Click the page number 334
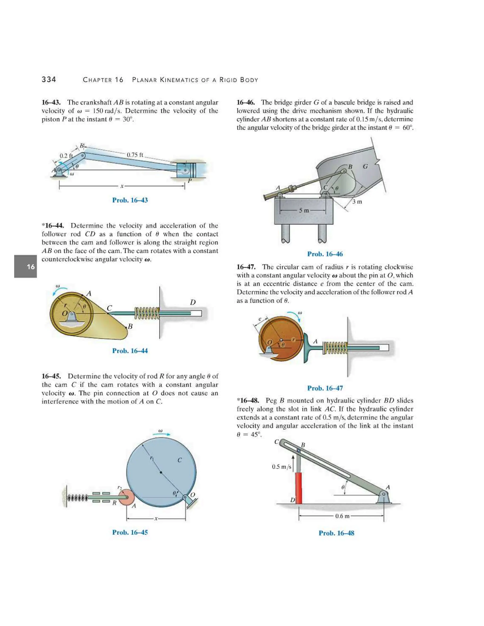[49, 80]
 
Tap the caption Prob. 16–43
[130, 200]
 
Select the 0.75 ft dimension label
[135, 155]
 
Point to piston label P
[189, 181]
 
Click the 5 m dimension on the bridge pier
[304, 210]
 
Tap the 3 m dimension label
[357, 202]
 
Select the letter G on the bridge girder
[365, 166]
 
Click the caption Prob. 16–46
[325, 254]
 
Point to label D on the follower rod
[193, 302]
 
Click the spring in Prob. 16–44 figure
[147, 313]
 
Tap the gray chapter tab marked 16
[26, 266]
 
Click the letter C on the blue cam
[180, 460]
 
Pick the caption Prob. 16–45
[130, 532]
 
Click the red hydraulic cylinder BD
[298, 488]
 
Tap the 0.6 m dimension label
[342, 516]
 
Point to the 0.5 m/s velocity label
[281, 467]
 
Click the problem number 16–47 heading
[246, 267]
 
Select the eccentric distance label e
[260, 319]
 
